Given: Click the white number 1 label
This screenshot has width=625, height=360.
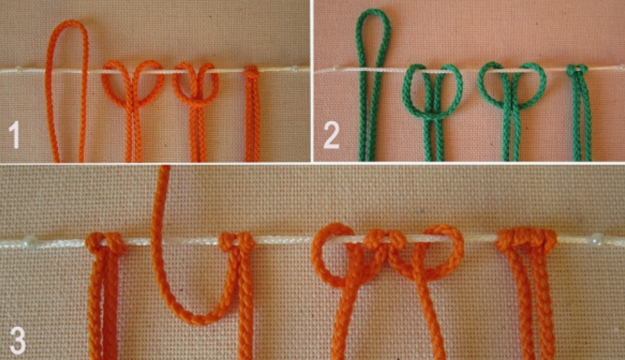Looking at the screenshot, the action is pos(14,135).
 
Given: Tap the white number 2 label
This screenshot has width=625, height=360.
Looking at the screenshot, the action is pos(331,135).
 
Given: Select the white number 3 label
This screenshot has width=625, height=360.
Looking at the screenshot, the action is pos(17,341).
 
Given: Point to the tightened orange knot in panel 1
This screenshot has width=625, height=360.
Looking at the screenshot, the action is pos(251,72).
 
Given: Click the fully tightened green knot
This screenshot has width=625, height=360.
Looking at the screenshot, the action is pos(577,71).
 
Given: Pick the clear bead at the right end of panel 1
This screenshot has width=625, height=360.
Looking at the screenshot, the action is pos(294,69).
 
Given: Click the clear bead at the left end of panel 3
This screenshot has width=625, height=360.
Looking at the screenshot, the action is pos(30,240).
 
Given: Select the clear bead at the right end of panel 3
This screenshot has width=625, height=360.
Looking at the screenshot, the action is pos(596,238).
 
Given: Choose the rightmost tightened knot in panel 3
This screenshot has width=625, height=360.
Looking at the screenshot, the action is pos(526,240).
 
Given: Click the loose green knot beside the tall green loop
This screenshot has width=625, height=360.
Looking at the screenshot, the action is pos(433,91).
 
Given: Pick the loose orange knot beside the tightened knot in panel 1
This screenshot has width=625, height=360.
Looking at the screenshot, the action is pos(196,85).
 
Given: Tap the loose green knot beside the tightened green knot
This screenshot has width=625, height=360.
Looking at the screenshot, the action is pos(512,85).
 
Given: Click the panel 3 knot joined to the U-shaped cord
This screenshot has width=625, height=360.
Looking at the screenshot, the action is pos(237,242).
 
